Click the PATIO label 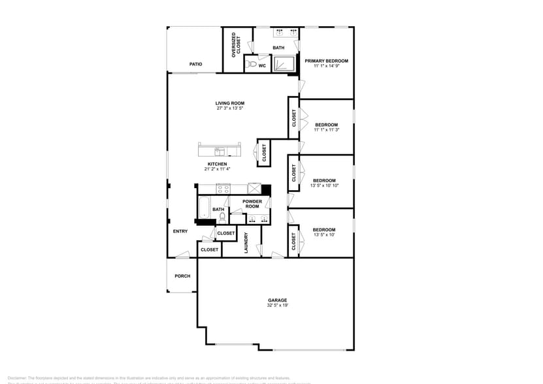click(x=195, y=64)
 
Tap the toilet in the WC click(x=251, y=65)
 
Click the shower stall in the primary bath click(x=285, y=64)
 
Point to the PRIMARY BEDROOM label click(x=326, y=61)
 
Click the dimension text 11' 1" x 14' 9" click(x=326, y=66)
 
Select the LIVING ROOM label click(x=230, y=103)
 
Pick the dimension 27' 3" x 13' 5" click(x=230, y=108)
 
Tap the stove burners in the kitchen click(x=224, y=189)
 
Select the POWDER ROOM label click(x=252, y=204)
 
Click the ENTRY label click(x=180, y=231)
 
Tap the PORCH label click(x=182, y=276)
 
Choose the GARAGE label click(x=277, y=300)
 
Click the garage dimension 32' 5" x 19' click(x=277, y=306)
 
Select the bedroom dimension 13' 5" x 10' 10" click(x=323, y=185)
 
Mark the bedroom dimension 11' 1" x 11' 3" click(x=326, y=130)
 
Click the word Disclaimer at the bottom click(x=16, y=377)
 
